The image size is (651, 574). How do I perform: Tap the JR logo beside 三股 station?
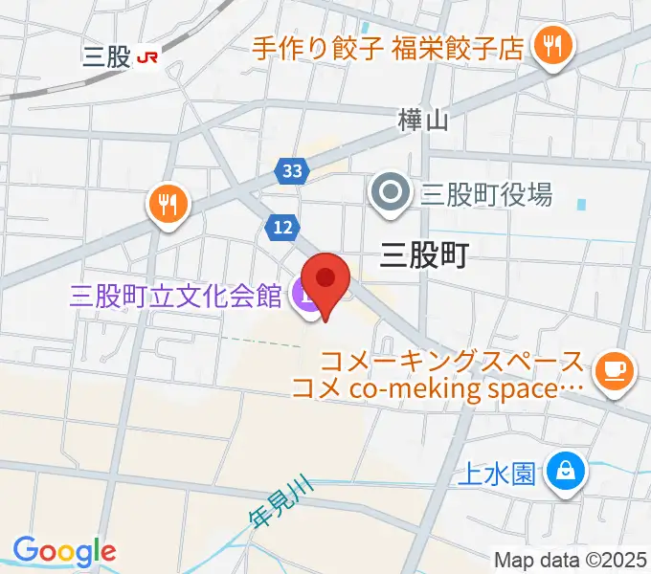pos(148,57)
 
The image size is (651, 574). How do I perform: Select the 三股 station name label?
pos(106,57)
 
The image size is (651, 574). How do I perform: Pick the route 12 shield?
pos(281,228)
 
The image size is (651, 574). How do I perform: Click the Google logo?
pos(64,552)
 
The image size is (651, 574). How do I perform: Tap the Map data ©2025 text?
pos(571,560)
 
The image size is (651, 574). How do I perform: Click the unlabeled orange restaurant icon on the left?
pos(168,204)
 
